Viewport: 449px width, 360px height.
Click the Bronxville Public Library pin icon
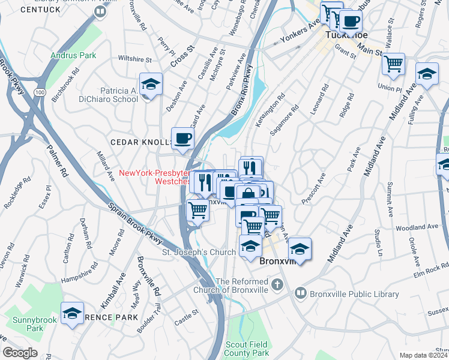click(x=301, y=294)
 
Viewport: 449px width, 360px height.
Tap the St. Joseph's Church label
click(x=199, y=253)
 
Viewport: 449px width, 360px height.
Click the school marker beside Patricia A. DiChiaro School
click(x=150, y=85)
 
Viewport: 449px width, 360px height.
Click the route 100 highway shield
click(x=40, y=92)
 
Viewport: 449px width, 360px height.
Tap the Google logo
click(x=20, y=353)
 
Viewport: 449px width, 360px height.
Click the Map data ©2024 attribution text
click(x=424, y=355)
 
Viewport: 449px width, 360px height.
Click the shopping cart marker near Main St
click(x=393, y=63)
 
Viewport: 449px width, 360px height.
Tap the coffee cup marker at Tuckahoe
click(x=351, y=22)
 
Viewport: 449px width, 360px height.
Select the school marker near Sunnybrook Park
click(x=73, y=313)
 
